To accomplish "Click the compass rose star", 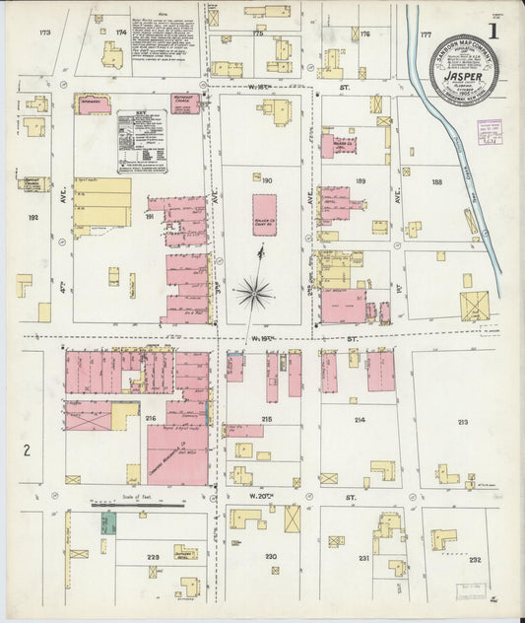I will tap(254, 292).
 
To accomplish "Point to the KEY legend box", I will tap(141, 142).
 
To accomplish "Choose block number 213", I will tap(462, 421).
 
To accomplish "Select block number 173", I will tap(43, 34).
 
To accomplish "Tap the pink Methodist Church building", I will tap(184, 104).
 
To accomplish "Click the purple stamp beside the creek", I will tap(490, 132).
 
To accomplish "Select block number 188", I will tap(437, 181).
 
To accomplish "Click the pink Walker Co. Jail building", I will tap(341, 146).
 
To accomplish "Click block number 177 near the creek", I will tap(426, 34).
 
